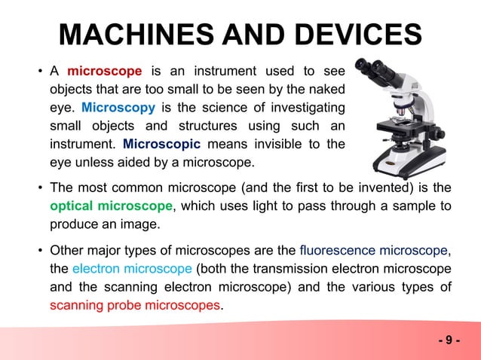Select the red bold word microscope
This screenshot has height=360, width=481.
105,72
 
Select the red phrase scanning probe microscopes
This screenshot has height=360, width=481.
136,306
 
